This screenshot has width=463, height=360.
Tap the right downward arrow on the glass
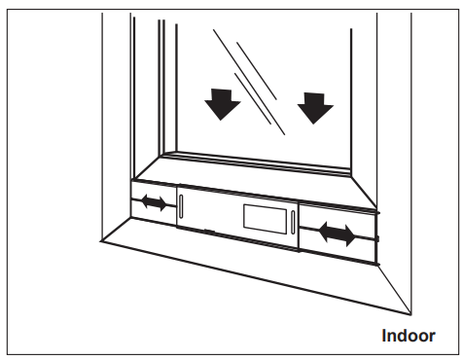pos(315,106)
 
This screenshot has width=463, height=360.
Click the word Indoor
pos(408,336)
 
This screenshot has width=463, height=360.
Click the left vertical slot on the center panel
pos(182,208)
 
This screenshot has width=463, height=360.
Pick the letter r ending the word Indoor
pos(431,337)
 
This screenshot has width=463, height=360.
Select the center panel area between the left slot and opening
pos(212,213)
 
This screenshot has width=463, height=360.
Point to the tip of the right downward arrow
pos(315,123)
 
